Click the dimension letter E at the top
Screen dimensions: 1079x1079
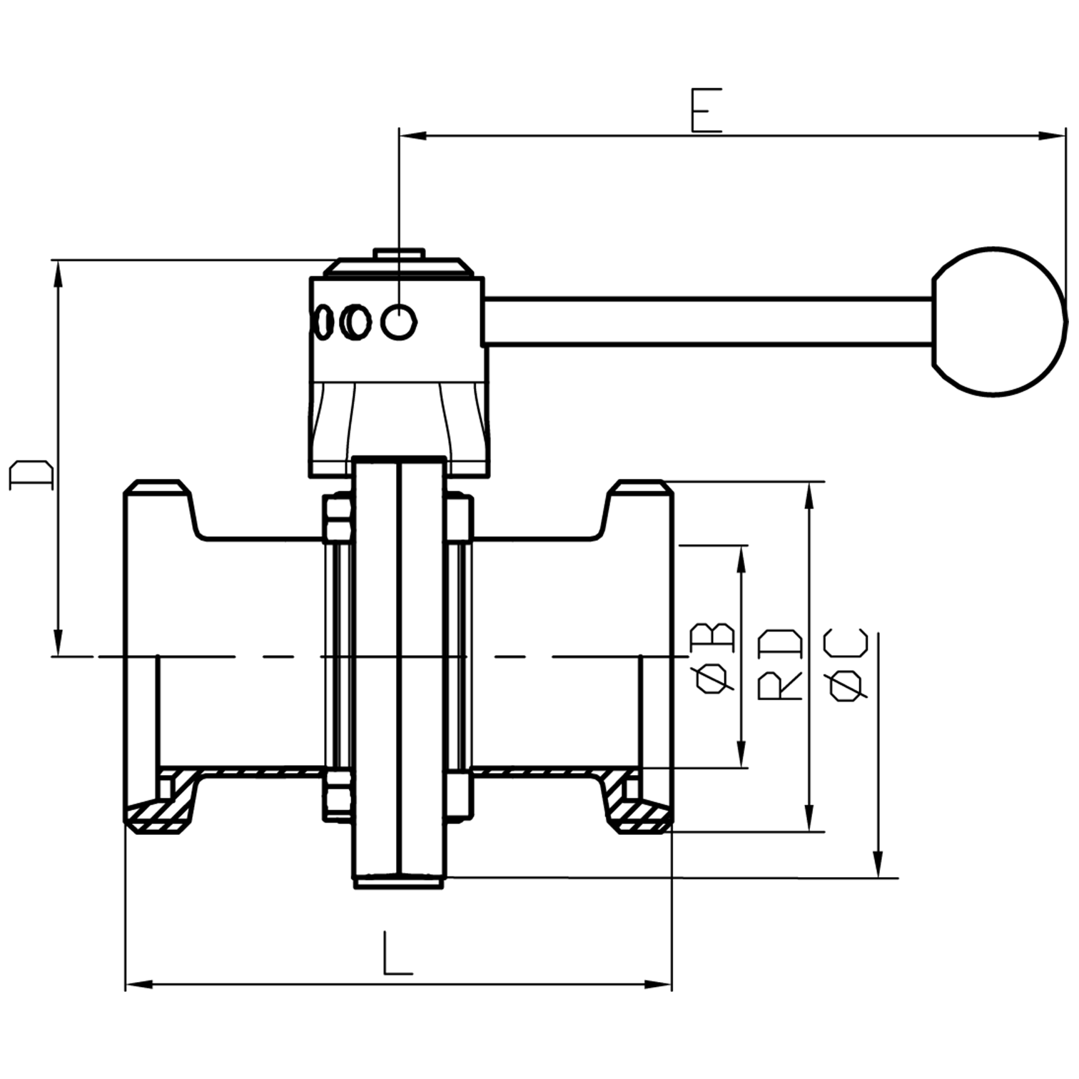pyautogui.click(x=706, y=111)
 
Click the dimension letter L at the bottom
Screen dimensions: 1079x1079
pyautogui.click(x=397, y=953)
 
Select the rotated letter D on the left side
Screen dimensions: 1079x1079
pyautogui.click(x=31, y=475)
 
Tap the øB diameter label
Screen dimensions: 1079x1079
pyautogui.click(x=713, y=658)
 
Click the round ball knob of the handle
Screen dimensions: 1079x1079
pyautogui.click(x=998, y=322)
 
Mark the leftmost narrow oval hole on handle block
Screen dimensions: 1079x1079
pyautogui.click(x=324, y=322)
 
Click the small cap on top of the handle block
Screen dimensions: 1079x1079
pyautogui.click(x=399, y=254)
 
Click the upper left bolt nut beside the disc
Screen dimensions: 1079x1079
pyautogui.click(x=337, y=518)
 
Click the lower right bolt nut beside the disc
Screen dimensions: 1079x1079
pyautogui.click(x=460, y=794)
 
